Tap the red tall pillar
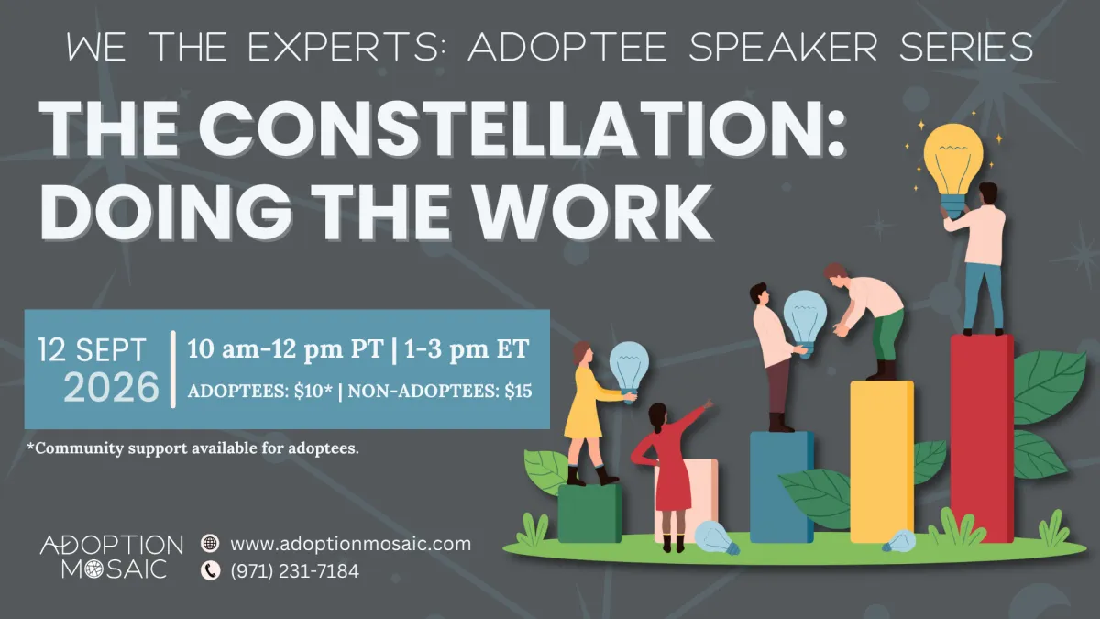pos(981,438)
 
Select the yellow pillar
pos(882,462)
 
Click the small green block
pos(589,514)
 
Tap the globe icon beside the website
pos(210,543)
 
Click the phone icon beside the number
pos(210,570)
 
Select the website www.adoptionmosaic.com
pos(350,544)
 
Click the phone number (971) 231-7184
pos(294,571)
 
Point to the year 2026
pos(112,388)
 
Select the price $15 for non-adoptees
pos(519,391)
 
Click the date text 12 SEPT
pos(92,349)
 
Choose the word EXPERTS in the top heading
pos(343,47)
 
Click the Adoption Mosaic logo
pos(112,557)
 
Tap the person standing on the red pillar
pos(977,259)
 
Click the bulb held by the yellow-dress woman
pos(629,369)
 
